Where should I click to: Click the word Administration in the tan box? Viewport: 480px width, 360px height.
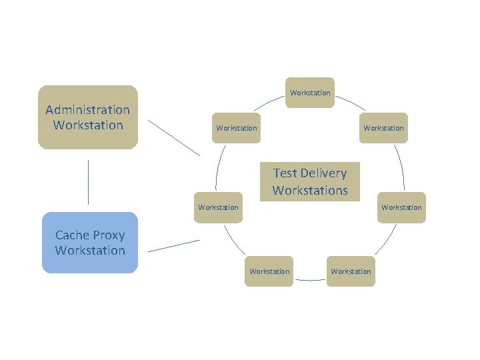pyautogui.click(x=87, y=109)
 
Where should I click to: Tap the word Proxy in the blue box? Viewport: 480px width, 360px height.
pyautogui.click(x=109, y=235)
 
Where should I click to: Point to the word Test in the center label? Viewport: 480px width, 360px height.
pyautogui.click(x=285, y=173)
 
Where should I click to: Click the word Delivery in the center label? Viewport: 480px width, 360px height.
pyautogui.click(x=324, y=173)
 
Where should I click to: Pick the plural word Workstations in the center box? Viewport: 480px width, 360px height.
pyautogui.click(x=310, y=190)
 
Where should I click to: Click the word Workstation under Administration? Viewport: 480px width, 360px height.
pyautogui.click(x=87, y=125)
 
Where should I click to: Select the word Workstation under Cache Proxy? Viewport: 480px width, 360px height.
pyautogui.click(x=90, y=251)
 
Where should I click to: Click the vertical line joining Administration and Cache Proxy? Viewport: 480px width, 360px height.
pyautogui.click(x=88, y=181)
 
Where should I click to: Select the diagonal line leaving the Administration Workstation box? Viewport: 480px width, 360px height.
pyautogui.click(x=173, y=138)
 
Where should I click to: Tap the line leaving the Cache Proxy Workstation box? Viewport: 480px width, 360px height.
pyautogui.click(x=173, y=245)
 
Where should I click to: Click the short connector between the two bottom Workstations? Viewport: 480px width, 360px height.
pyautogui.click(x=310, y=280)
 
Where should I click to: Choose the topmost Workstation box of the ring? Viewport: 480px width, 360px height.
pyautogui.click(x=310, y=93)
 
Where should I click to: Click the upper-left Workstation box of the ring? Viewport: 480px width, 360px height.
pyautogui.click(x=237, y=128)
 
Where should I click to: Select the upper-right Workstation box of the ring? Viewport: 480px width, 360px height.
pyautogui.click(x=383, y=128)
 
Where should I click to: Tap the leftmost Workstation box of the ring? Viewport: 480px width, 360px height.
pyautogui.click(x=218, y=207)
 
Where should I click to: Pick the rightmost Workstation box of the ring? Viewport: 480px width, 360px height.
pyautogui.click(x=401, y=207)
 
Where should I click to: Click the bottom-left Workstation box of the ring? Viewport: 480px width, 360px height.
pyautogui.click(x=269, y=271)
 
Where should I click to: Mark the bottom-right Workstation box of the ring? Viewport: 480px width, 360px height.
pyautogui.click(x=351, y=271)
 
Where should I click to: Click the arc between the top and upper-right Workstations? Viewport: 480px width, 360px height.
pyautogui.click(x=350, y=102)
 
